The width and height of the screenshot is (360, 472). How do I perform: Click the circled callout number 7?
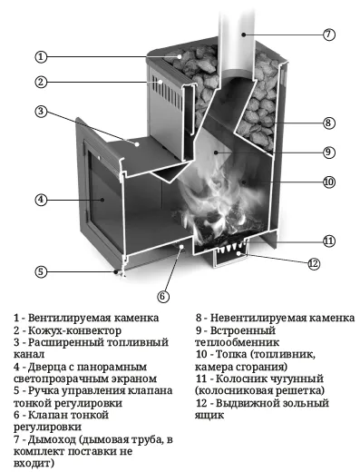(328, 34)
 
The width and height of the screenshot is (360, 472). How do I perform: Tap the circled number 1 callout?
(41, 57)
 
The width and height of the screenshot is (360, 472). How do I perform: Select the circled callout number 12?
(314, 264)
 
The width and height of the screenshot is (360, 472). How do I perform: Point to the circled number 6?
(163, 296)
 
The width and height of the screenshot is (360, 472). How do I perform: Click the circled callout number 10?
(328, 182)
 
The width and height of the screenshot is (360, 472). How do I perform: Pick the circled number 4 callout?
(41, 200)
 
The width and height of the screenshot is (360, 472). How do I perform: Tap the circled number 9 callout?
(328, 152)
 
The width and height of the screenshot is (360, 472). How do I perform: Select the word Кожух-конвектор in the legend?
(74, 330)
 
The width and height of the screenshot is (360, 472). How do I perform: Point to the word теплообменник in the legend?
(237, 342)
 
